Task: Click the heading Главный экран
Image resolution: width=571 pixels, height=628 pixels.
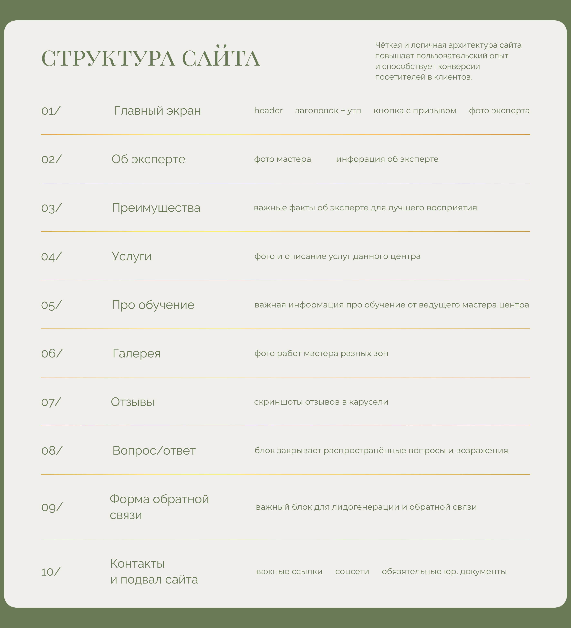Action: [x=158, y=111]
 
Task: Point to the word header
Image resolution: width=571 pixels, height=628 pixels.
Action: [x=268, y=111]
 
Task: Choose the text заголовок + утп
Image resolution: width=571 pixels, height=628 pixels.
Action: [x=328, y=111]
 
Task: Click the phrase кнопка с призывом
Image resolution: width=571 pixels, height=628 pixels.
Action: [x=415, y=111]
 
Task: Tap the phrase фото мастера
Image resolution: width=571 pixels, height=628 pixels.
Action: [x=282, y=159]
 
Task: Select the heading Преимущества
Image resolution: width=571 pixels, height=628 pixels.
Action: [x=156, y=208]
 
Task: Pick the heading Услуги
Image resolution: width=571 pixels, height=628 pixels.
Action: [x=131, y=256]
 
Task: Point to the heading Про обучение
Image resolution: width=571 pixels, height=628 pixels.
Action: [x=153, y=305]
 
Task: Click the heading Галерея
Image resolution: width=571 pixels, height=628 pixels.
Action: [x=136, y=354]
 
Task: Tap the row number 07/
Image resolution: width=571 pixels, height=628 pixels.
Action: [x=51, y=402]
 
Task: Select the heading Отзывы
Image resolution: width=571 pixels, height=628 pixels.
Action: [x=133, y=402]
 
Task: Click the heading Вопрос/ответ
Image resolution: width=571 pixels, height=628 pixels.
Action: [x=154, y=451]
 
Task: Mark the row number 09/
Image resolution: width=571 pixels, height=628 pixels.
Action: [x=52, y=507]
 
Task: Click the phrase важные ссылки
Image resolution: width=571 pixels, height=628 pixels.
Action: [x=289, y=572]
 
